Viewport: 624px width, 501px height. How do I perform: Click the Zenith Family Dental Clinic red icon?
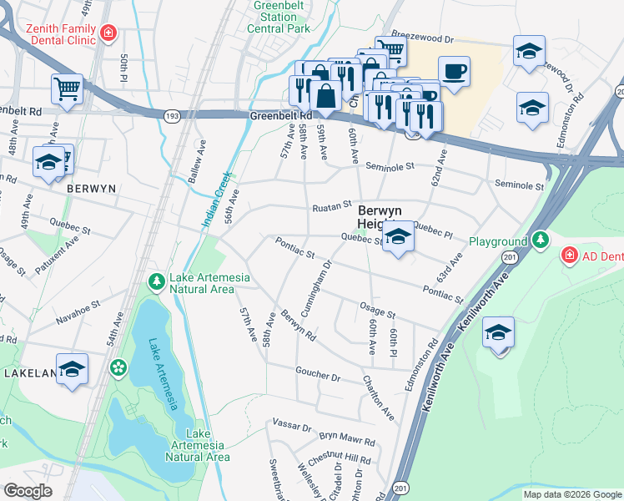pos(108,33)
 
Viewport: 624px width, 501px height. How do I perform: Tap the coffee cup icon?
pos(454,72)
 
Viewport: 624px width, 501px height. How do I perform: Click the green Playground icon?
pos(541,241)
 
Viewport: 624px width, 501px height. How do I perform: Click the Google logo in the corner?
pos(28,491)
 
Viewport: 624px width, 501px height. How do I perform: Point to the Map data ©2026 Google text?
pos(571,494)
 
